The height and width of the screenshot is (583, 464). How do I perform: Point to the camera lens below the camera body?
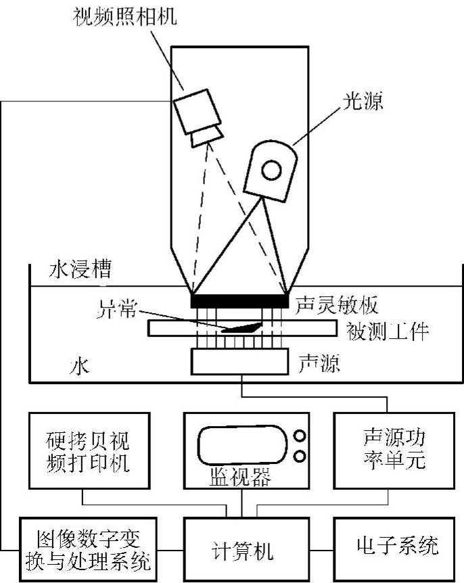point(206,135)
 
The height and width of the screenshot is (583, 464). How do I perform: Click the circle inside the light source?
point(272,170)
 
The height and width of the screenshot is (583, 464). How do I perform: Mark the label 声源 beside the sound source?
point(319,365)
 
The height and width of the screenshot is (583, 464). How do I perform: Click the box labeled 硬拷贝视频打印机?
point(89,451)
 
